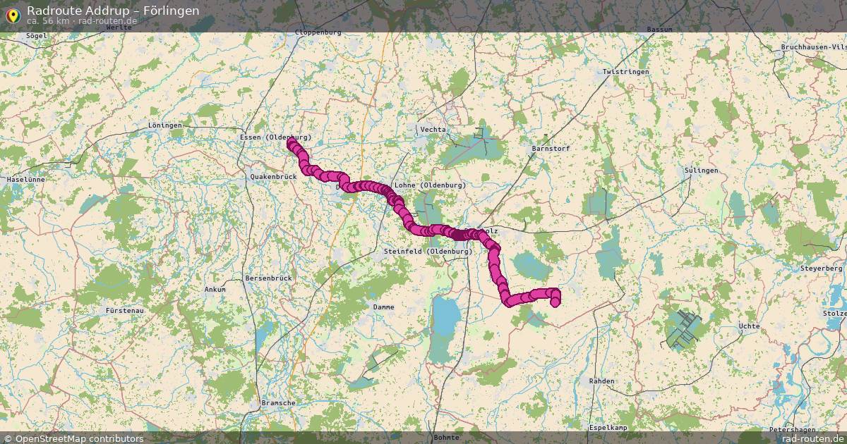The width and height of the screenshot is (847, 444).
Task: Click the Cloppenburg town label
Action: (318, 32)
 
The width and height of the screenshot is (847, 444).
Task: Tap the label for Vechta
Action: (433, 130)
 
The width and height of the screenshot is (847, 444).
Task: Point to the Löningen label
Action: (165, 125)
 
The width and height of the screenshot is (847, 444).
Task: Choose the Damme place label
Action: (384, 307)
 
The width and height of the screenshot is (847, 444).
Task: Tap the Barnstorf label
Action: (550, 149)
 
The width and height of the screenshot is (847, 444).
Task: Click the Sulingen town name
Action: (701, 171)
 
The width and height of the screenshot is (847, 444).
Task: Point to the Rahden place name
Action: (601, 381)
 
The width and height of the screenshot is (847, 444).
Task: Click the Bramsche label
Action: (278, 403)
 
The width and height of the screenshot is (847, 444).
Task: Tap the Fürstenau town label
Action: (124, 310)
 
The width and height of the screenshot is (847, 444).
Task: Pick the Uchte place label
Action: (748, 326)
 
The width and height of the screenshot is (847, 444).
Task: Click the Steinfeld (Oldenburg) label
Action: (428, 252)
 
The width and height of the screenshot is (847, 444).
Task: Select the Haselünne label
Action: (25, 180)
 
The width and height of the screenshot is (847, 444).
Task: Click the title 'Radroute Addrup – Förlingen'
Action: (113, 11)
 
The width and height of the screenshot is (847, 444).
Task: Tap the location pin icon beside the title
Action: (13, 14)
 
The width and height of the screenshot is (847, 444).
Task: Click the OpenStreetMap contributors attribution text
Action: (73, 438)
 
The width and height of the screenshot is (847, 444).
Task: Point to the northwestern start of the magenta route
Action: (291, 143)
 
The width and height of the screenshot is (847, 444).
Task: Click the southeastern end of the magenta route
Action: (555, 302)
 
